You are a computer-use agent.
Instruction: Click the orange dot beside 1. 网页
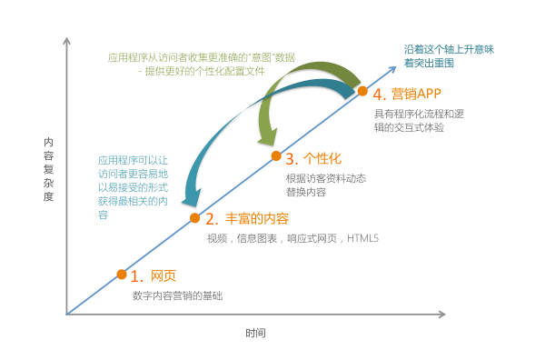[x=122, y=274]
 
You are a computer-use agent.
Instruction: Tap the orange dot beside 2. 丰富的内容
[x=194, y=217]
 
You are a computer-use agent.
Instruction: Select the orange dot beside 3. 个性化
[x=276, y=155]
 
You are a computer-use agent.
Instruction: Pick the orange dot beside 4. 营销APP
[x=362, y=91]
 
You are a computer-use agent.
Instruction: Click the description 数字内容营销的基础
[x=177, y=295]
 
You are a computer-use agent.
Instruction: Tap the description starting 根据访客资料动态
[x=325, y=185]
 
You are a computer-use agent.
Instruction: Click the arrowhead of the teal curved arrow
[x=191, y=199]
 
